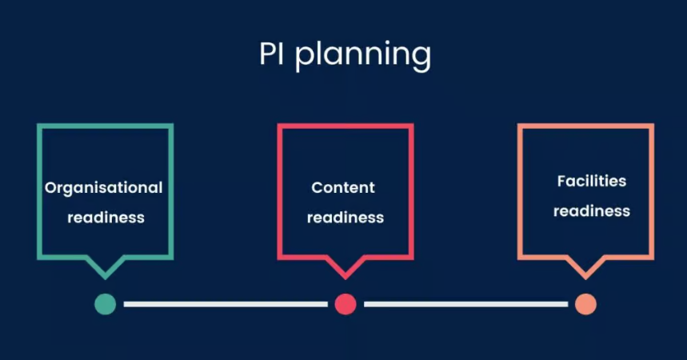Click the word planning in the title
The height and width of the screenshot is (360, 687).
click(363, 56)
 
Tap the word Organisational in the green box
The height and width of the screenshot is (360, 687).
click(104, 188)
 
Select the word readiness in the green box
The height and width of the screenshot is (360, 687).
click(106, 217)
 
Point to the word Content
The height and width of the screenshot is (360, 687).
click(343, 188)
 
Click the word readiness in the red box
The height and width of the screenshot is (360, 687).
click(345, 217)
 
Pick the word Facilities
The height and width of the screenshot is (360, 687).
click(592, 182)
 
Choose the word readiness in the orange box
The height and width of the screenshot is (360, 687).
click(592, 211)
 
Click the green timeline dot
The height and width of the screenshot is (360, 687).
click(105, 304)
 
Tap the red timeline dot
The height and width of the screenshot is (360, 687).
click(345, 304)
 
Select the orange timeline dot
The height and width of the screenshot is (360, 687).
click(585, 304)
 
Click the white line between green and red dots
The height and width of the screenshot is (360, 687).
click(226, 304)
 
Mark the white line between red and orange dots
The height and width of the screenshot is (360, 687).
click(465, 304)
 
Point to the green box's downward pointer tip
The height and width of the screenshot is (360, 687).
click(105, 276)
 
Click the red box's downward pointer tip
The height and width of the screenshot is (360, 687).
click(345, 276)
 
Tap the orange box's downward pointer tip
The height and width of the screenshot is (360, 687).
click(585, 276)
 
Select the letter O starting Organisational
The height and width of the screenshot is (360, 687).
click(50, 188)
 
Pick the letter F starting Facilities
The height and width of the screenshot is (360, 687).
click(561, 182)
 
